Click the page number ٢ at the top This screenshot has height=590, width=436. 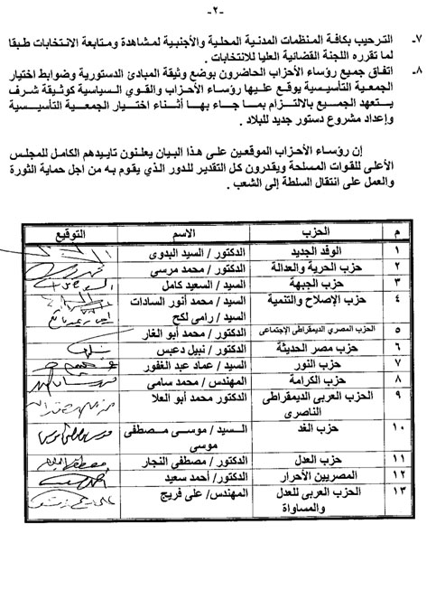coord(218,8)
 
